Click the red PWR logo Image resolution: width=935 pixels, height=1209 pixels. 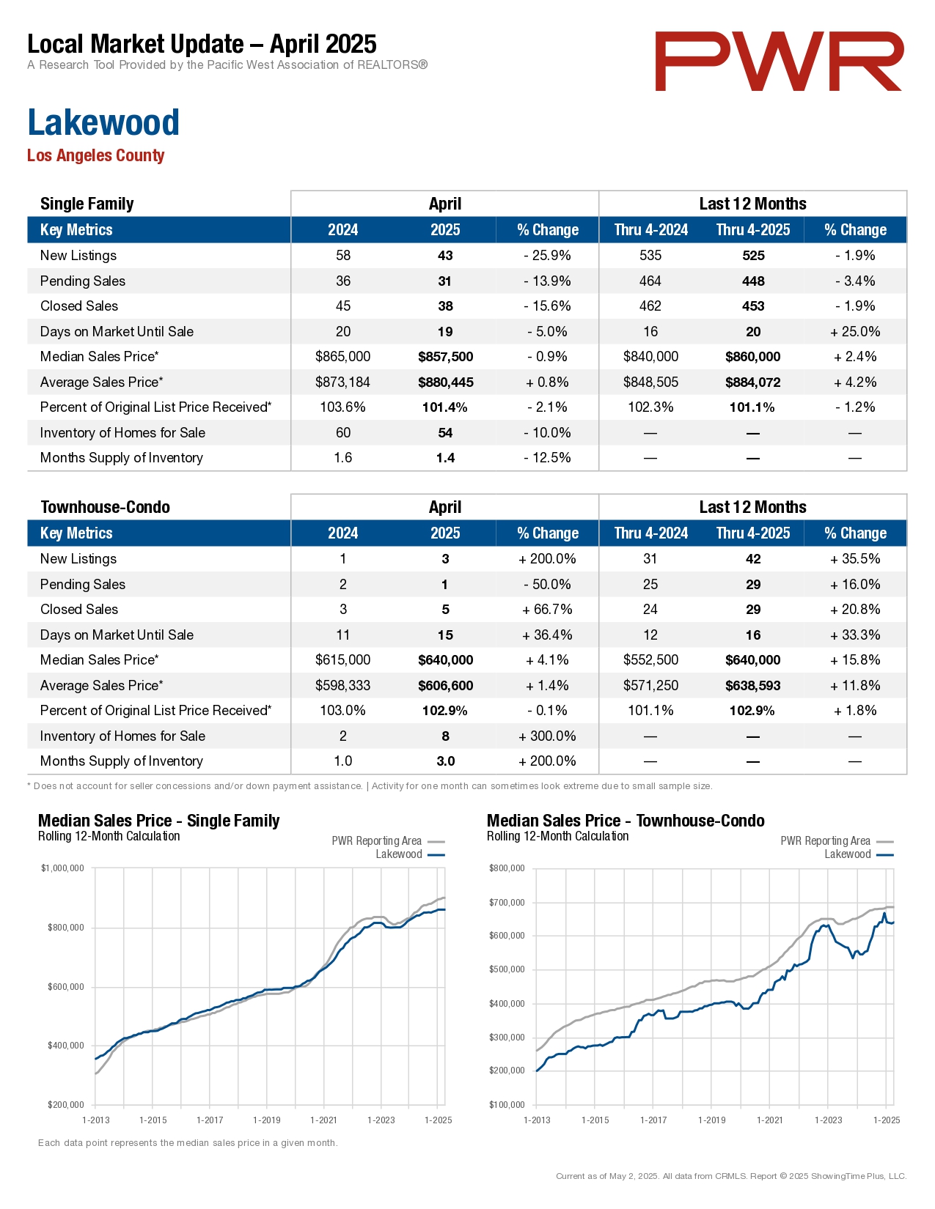coord(779,61)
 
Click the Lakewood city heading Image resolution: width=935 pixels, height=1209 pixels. coord(103,122)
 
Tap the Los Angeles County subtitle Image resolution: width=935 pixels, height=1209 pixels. coord(96,155)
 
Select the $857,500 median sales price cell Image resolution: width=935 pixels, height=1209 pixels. coord(446,357)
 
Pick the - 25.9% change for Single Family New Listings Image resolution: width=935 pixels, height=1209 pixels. coord(547,256)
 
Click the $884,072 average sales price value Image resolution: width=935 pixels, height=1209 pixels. coord(753,382)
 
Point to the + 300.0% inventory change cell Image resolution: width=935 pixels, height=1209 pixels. coord(547,736)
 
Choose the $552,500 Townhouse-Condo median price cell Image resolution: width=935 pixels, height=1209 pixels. coord(650,660)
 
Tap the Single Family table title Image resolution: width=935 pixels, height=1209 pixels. coord(87,204)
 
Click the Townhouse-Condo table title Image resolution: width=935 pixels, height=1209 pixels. coord(106,507)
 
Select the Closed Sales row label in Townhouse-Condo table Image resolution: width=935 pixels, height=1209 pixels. coord(79,609)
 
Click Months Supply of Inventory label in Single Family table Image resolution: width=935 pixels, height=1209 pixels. coord(122,458)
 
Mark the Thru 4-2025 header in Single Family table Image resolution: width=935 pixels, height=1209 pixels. coord(753,230)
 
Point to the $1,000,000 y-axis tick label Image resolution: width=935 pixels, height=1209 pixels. coord(62,868)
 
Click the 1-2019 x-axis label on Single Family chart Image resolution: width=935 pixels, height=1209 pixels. coord(267,1120)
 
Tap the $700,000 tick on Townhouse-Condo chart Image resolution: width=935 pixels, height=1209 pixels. coord(507,903)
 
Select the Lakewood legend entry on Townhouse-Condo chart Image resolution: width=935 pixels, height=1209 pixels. coord(859,854)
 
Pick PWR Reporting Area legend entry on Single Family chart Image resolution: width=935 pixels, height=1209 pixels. coord(388,840)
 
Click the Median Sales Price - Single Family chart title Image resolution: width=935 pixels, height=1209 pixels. coord(158,821)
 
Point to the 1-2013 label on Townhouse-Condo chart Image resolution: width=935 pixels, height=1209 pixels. coord(537,1120)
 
